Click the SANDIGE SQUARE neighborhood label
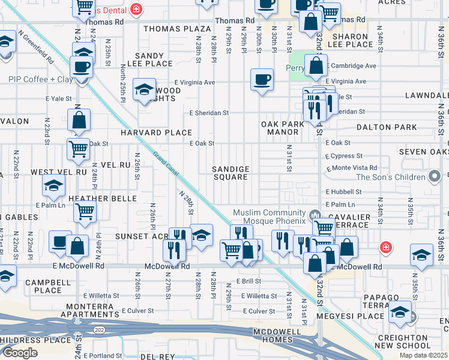tap(231, 173)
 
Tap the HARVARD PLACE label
tap(156, 133)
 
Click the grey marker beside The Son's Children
tap(435, 176)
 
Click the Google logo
tap(20, 353)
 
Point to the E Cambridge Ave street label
tap(351, 66)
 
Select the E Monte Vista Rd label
tap(351, 168)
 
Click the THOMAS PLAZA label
tap(177, 29)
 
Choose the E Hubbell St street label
tap(343, 192)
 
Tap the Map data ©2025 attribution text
tap(423, 355)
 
